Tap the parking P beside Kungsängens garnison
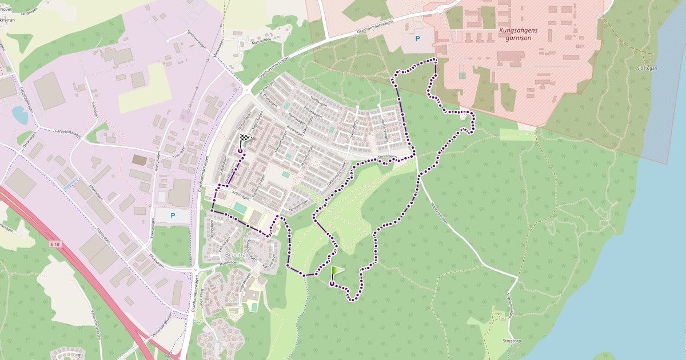(x=417, y=39)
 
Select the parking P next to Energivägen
(x=173, y=215)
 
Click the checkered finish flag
(x=245, y=139)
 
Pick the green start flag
(x=337, y=271)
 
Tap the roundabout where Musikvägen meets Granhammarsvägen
(x=194, y=270)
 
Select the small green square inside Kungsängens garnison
(x=462, y=75)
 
